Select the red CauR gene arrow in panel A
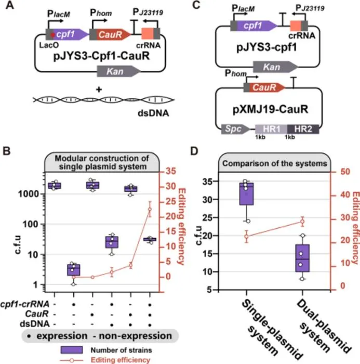point(110,35)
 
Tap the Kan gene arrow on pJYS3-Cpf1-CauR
point(119,71)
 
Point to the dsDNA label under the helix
point(153,113)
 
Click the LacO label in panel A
point(49,45)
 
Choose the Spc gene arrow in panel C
point(235,129)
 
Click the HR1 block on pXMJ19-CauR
point(271,129)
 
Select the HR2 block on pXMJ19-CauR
point(303,129)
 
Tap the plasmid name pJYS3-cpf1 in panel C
point(266,48)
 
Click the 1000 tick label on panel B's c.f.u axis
point(28,194)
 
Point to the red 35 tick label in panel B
point(171,171)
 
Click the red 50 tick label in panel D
point(345,172)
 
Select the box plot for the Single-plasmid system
point(247,194)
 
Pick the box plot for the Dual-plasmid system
point(302,258)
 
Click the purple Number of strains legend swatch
point(72,350)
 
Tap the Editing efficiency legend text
point(121,360)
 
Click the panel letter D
point(194,151)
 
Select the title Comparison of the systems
point(275,163)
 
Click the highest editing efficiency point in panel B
point(150,209)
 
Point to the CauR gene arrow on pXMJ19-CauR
point(264,87)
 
